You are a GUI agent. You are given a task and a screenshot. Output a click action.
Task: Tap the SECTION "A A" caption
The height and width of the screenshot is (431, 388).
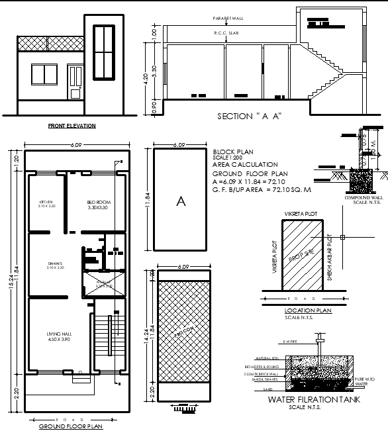pos(250,117)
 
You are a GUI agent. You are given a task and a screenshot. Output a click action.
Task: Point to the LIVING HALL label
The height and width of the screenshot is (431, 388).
pos(58,334)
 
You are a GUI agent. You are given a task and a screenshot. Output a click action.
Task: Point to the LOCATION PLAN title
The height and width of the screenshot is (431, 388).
pos(307,309)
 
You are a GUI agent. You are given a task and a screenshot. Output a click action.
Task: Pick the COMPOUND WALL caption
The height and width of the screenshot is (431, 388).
pos(362,197)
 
